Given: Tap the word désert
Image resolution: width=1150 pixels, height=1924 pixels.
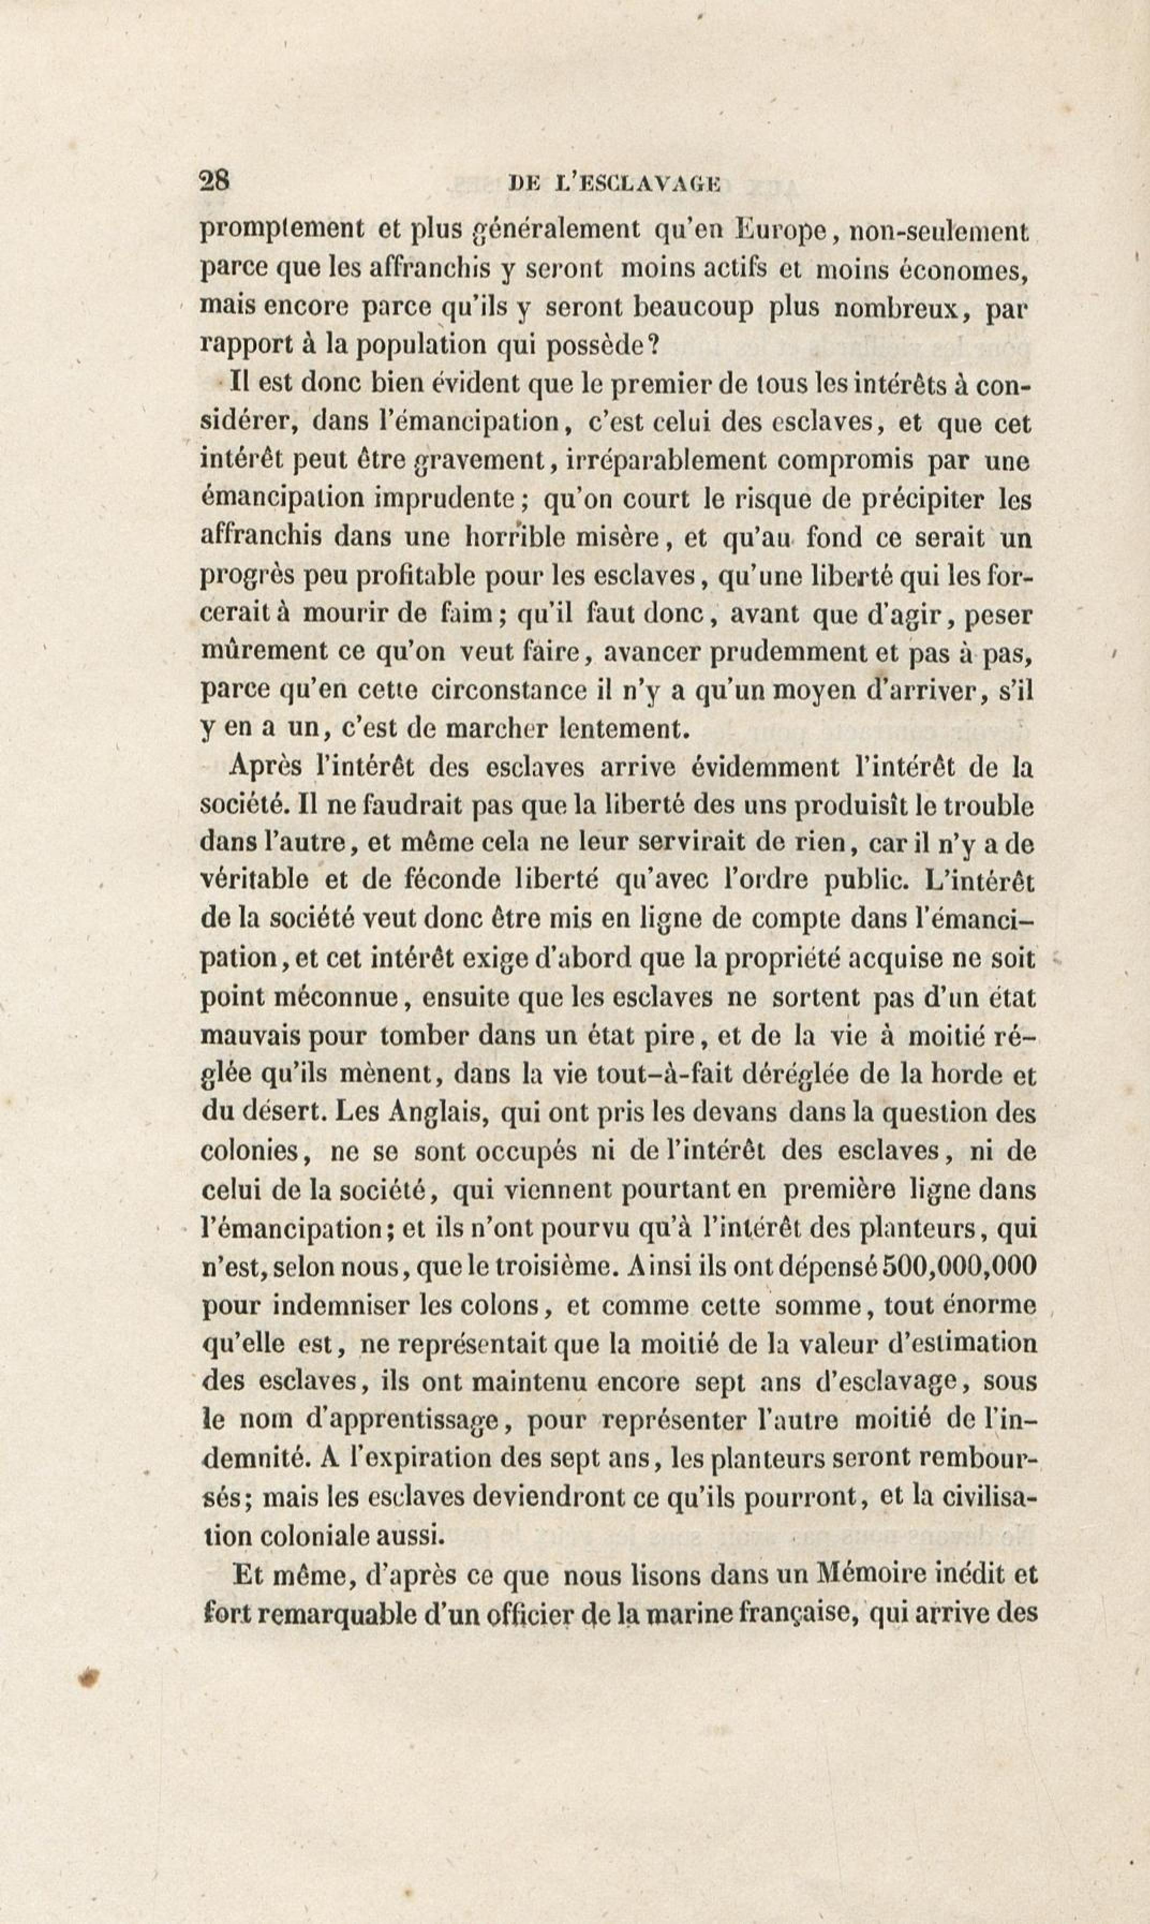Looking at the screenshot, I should (290, 1112).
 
